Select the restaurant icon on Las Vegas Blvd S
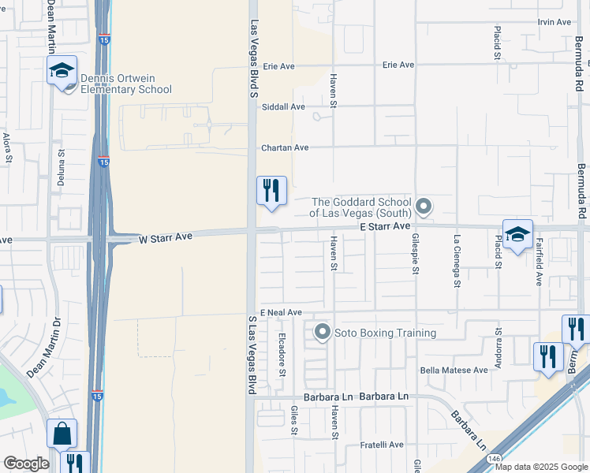tap(271, 191)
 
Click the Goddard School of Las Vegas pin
tap(424, 207)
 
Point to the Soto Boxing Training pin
tap(322, 333)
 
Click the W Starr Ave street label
tap(166, 236)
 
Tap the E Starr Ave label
tap(385, 226)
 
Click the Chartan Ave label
tap(285, 147)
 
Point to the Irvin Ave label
tap(554, 21)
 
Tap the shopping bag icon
tap(61, 433)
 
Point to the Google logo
tap(25, 464)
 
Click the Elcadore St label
tap(282, 352)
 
